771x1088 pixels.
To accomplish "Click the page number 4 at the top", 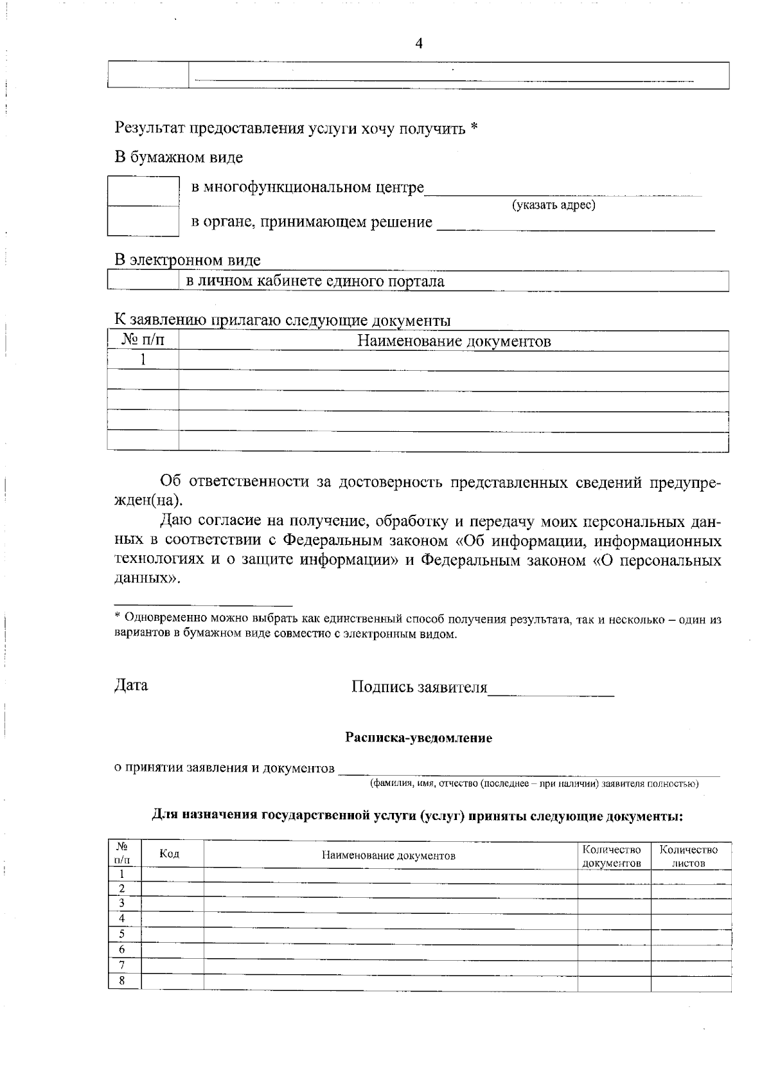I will [419, 44].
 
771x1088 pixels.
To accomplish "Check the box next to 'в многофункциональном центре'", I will [143, 191].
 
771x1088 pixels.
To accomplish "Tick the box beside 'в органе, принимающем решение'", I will [143, 221].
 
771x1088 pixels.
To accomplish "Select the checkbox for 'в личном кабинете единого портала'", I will [143, 281].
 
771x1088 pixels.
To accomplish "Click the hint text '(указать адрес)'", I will [553, 205].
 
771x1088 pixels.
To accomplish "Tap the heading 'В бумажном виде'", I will [179, 157].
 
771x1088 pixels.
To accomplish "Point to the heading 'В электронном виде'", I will [187, 260].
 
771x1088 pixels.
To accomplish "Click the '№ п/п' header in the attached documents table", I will [143, 341].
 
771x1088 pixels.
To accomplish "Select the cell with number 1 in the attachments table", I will [143, 361].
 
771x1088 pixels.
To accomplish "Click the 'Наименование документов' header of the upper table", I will [454, 341].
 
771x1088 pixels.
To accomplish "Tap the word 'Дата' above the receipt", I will [131, 685].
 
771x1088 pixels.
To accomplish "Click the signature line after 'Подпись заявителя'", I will [551, 690].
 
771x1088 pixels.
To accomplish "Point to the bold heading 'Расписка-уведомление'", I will [418, 738].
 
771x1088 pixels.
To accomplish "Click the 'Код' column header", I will [170, 853].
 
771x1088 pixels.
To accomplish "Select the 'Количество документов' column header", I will [611, 856].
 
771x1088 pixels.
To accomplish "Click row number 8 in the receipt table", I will [121, 981].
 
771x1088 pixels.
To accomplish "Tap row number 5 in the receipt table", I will [121, 934].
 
